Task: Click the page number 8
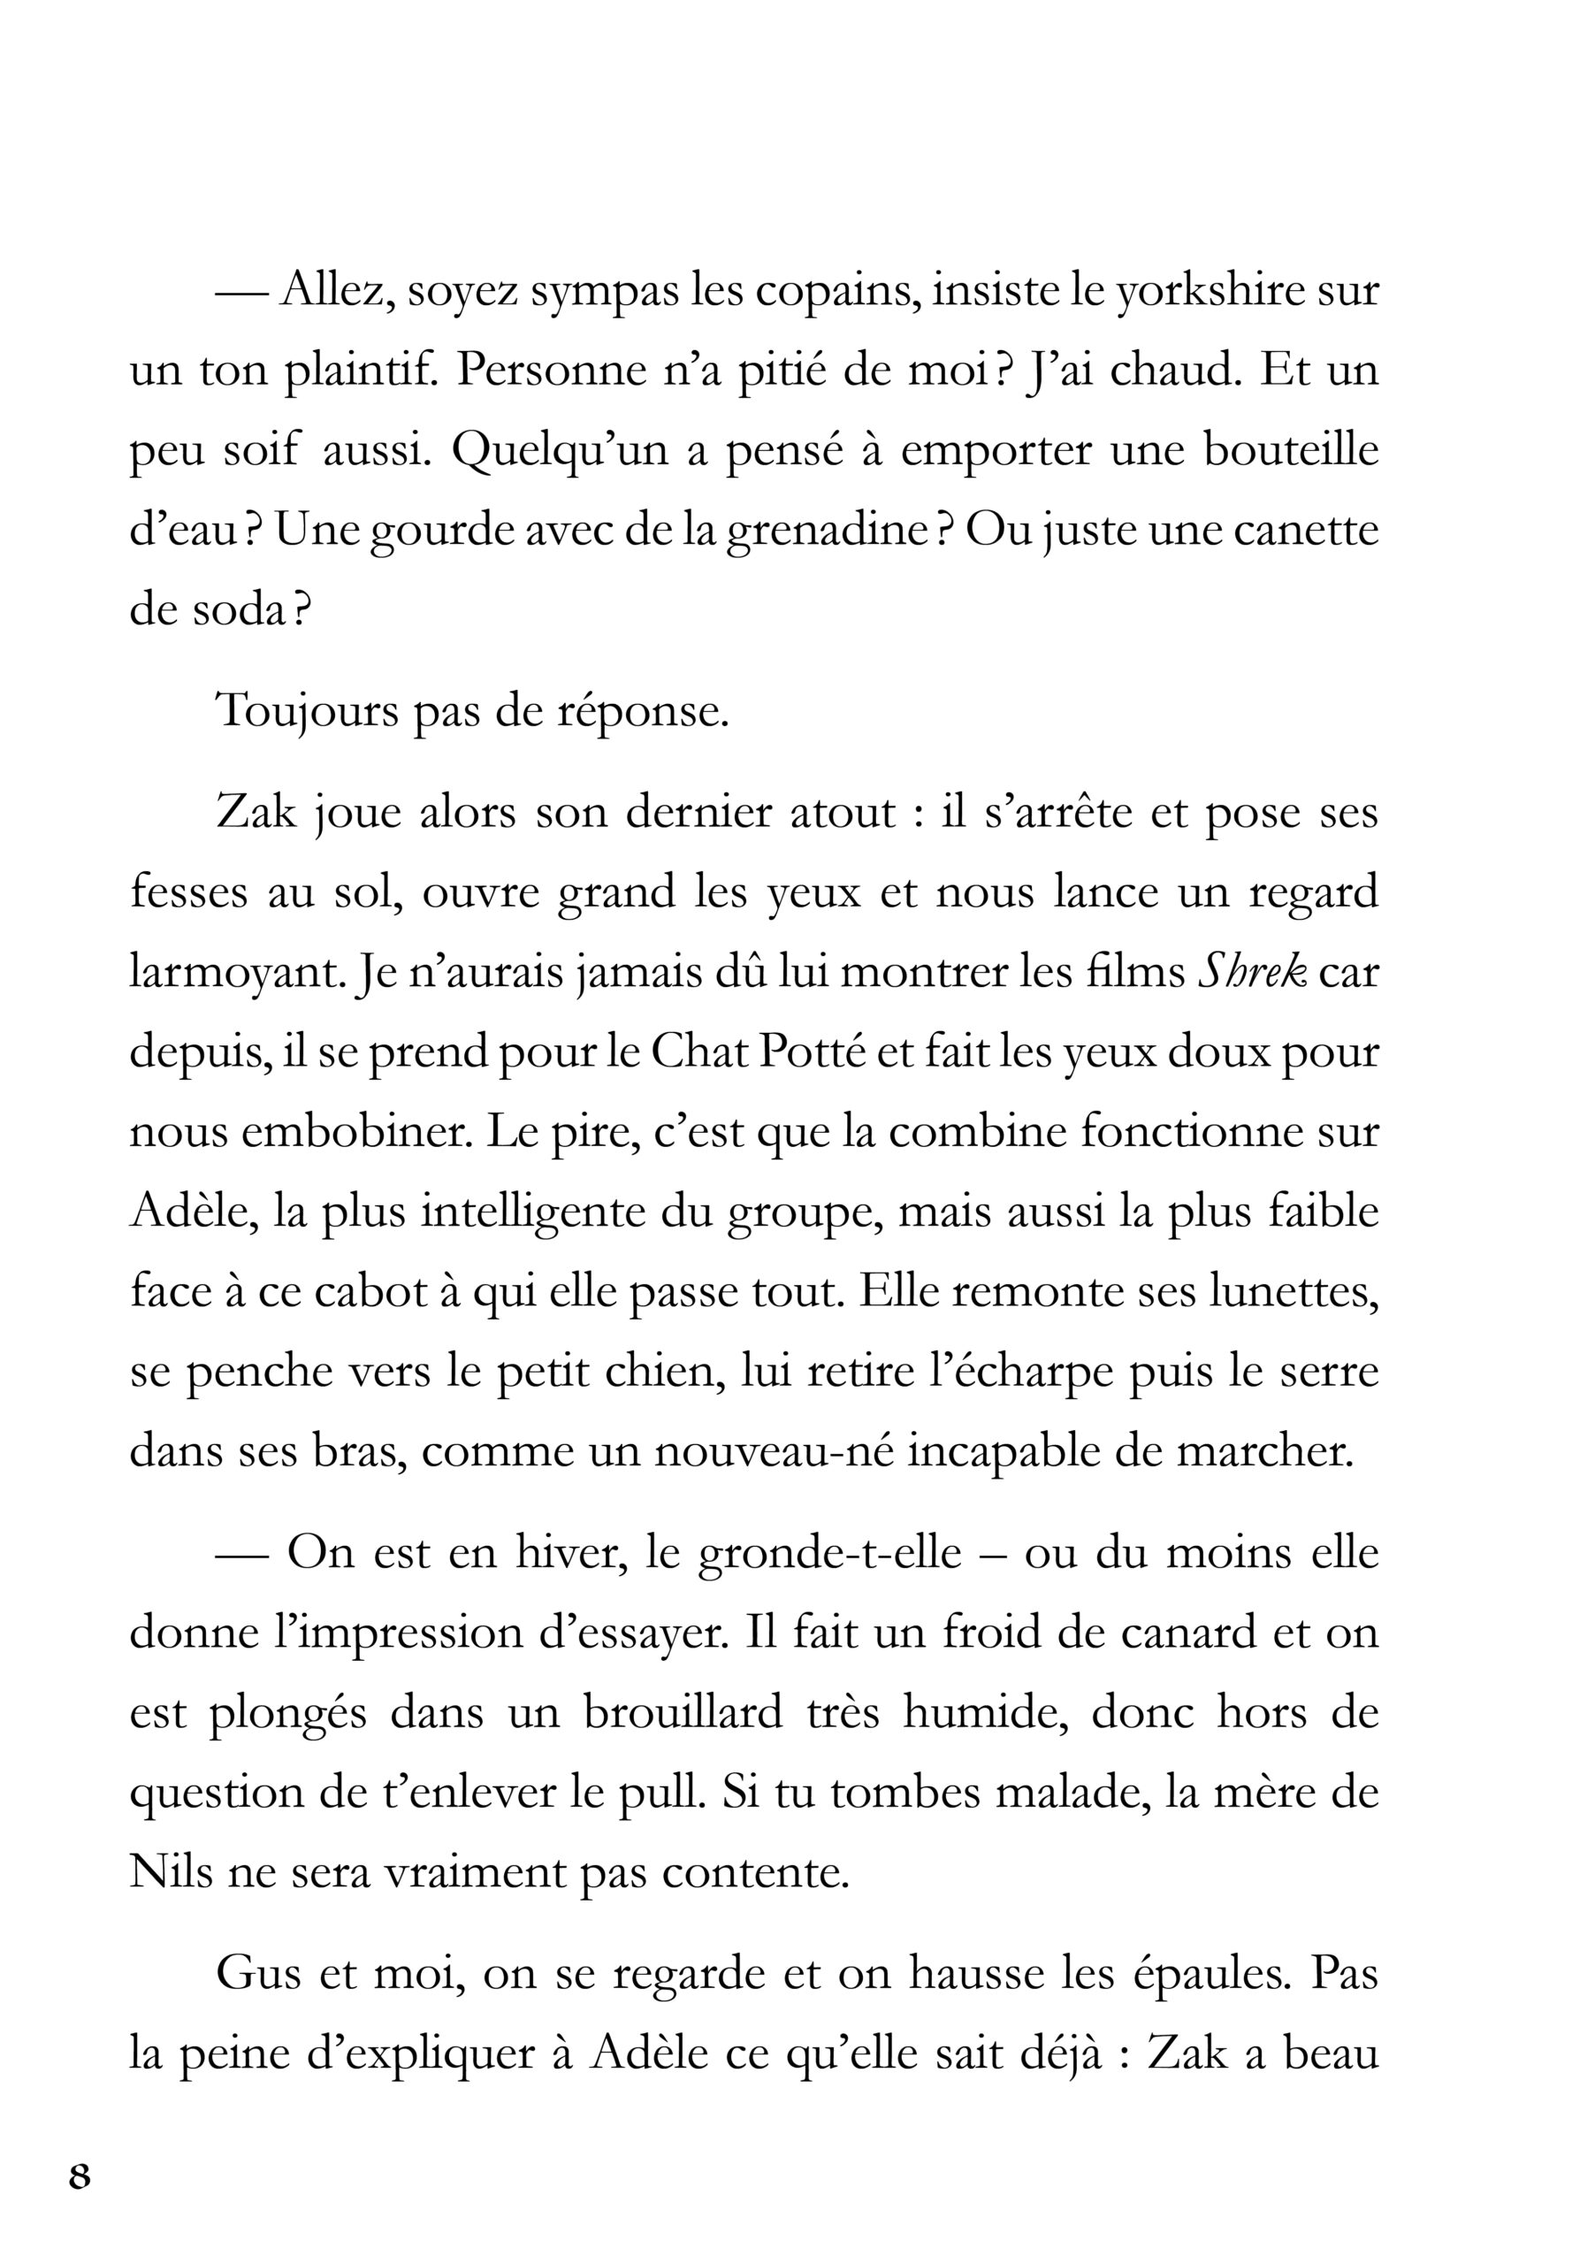(80, 2176)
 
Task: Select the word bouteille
(1290, 453)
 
